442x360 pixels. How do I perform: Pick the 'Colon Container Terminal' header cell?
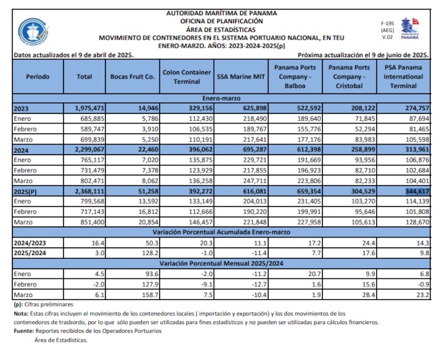point(186,76)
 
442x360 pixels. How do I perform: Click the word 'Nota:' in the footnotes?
point(20,314)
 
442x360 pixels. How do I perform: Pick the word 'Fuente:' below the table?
point(23,331)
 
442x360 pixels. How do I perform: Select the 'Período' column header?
point(37,76)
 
